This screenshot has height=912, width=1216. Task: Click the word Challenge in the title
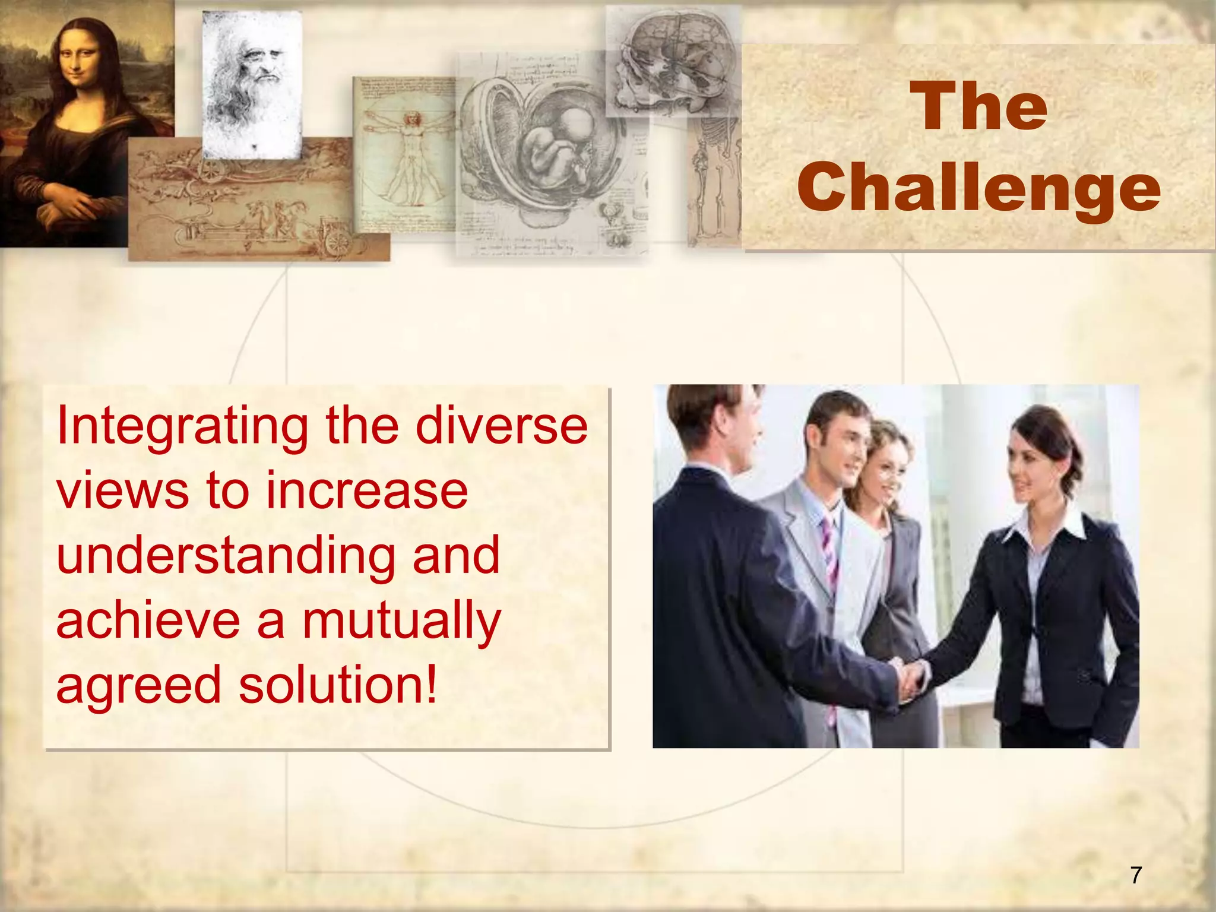tap(978, 189)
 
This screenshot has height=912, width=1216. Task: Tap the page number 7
tap(1135, 875)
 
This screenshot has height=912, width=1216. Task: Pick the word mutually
tap(402, 621)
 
